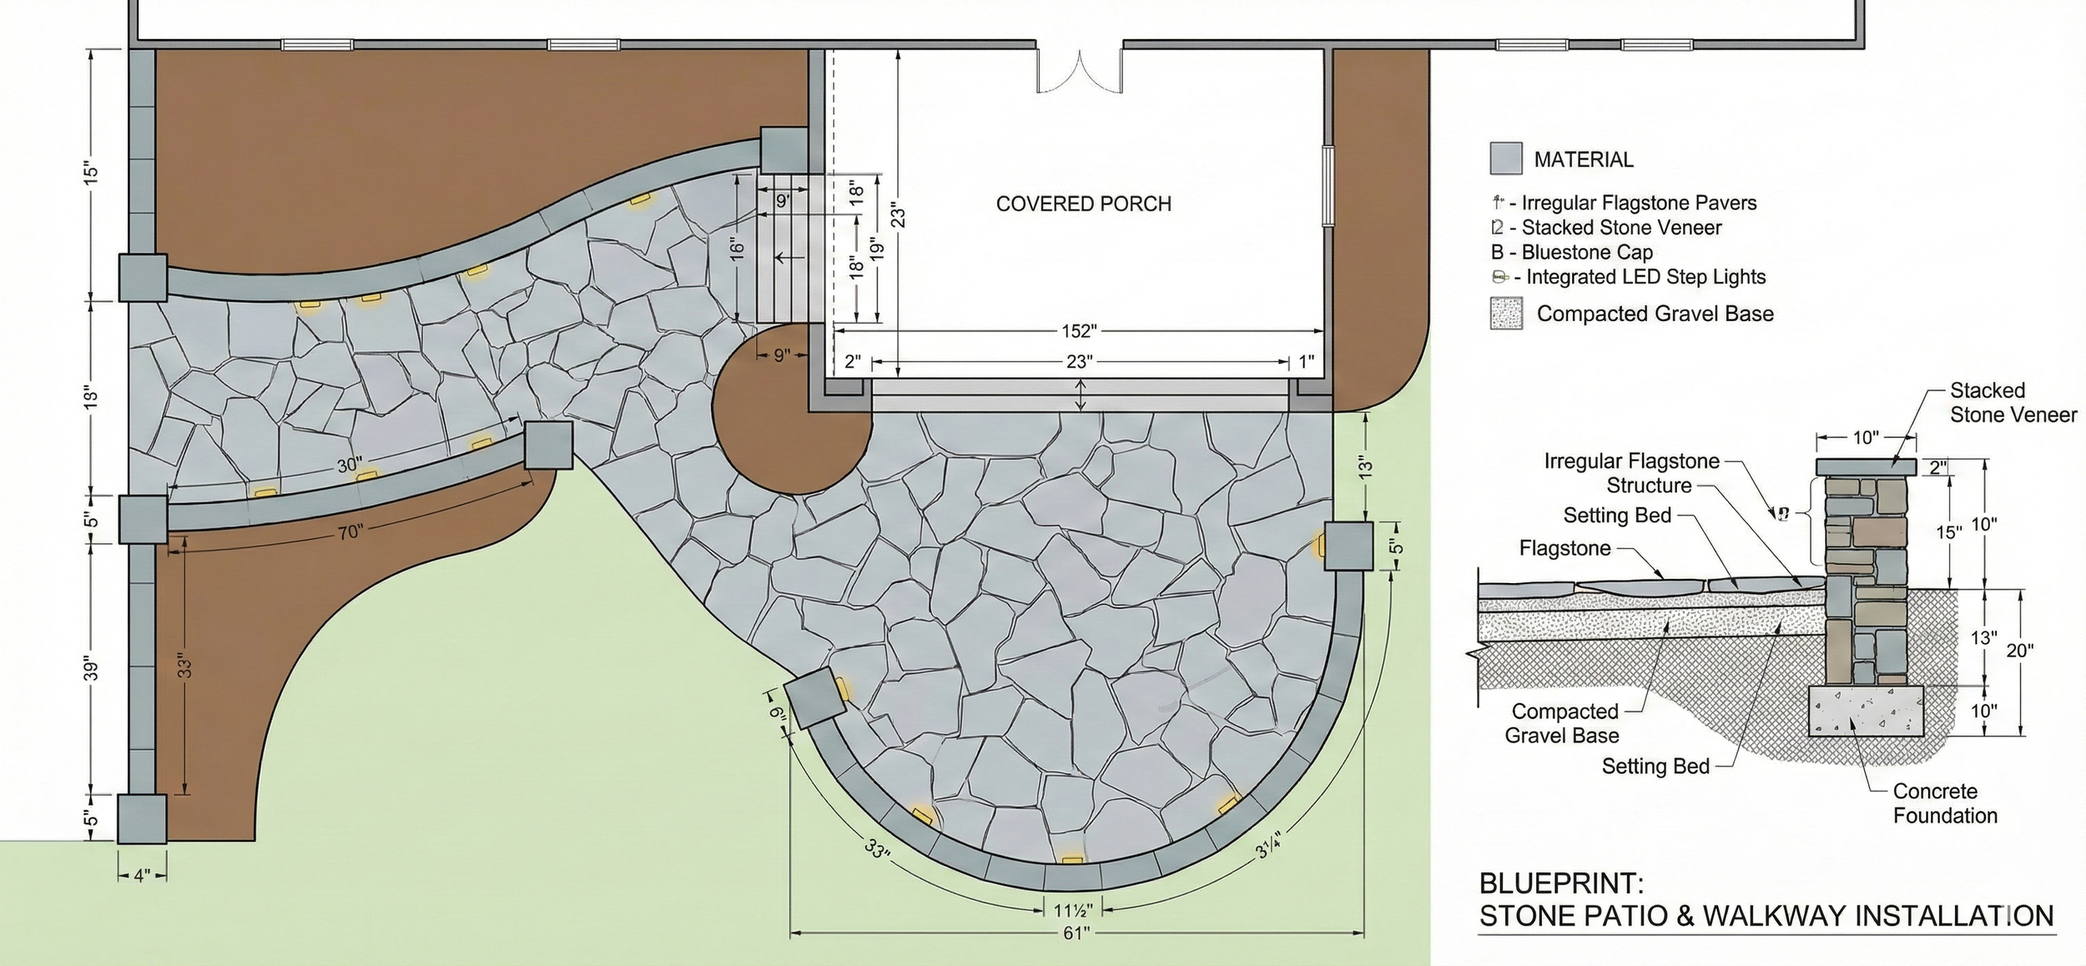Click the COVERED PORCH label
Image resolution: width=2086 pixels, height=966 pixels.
coord(1083,204)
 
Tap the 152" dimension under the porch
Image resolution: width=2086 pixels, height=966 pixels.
coord(1078,331)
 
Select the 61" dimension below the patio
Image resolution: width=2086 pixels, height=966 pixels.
coord(1076,933)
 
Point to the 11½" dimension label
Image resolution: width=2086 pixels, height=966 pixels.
coord(1073,909)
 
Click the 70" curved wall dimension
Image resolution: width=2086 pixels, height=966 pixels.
coord(350,531)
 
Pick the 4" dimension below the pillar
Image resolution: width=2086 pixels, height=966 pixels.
coord(142,877)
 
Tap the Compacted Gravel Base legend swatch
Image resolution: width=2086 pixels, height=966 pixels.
coord(1506,314)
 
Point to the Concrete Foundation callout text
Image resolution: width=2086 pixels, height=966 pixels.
coord(1944,803)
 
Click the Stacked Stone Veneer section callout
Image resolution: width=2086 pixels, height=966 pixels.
coord(2012,402)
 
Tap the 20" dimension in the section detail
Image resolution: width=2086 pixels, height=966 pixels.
coord(2019,651)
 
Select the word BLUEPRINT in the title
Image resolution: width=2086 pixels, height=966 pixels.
coord(1561,883)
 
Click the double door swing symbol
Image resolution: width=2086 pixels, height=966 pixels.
coord(1080,70)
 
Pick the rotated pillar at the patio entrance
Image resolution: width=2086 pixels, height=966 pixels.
coord(815,697)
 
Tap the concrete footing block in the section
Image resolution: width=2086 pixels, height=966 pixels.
coord(1866,711)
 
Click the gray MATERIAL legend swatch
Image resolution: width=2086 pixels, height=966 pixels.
coord(1506,158)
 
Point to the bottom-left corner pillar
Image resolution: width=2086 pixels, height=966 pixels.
coord(142,818)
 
